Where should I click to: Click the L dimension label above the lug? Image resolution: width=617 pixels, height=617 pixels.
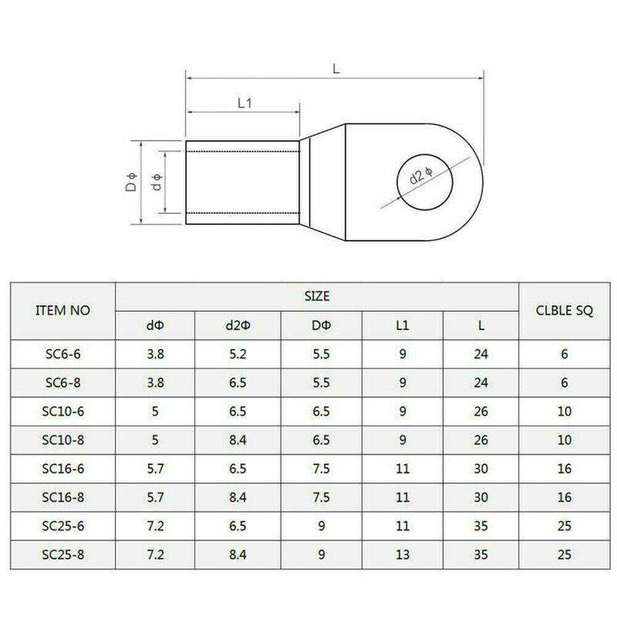[x=336, y=70]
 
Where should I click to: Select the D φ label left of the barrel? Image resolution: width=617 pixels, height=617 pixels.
[x=131, y=183]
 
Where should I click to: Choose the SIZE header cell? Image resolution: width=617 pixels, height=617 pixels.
[x=317, y=297]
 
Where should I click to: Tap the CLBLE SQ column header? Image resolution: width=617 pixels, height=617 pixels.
[x=564, y=311]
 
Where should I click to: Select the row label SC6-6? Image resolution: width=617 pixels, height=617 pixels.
[x=63, y=355]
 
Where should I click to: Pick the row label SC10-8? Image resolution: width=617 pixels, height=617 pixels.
[x=63, y=441]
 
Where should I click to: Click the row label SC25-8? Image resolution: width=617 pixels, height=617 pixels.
[x=63, y=555]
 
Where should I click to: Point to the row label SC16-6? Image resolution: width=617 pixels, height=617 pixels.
[x=63, y=469]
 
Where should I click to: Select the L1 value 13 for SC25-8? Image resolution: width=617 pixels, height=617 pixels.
[x=402, y=555]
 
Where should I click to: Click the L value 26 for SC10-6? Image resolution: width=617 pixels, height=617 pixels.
[x=481, y=412]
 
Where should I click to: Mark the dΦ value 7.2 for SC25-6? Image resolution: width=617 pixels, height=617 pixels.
[x=155, y=526]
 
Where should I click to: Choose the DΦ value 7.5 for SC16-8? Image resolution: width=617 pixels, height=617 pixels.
[x=321, y=498]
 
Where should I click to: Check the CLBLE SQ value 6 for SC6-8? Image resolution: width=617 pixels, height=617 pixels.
[x=564, y=383]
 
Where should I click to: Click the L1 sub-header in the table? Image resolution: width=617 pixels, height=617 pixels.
[x=402, y=326]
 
